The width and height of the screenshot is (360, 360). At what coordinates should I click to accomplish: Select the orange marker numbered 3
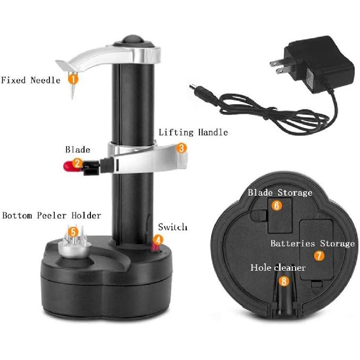click(181, 148)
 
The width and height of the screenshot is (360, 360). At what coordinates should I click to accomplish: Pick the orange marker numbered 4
click(158, 240)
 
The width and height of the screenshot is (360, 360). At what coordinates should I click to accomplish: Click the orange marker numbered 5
click(73, 231)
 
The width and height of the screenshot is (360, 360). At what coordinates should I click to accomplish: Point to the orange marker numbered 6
click(277, 205)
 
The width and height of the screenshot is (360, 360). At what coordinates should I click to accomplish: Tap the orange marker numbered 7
click(319, 256)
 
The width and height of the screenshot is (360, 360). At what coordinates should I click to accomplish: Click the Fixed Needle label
click(30, 80)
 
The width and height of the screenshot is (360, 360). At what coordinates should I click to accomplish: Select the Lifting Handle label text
click(194, 132)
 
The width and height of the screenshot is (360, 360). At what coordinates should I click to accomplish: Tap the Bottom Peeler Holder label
click(52, 215)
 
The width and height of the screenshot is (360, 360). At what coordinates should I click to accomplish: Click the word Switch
click(173, 227)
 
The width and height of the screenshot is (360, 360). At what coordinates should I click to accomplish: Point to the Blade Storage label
click(280, 192)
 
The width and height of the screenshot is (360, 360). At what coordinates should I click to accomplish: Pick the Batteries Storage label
click(312, 244)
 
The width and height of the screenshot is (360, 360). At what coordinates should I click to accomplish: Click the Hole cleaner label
click(278, 267)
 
